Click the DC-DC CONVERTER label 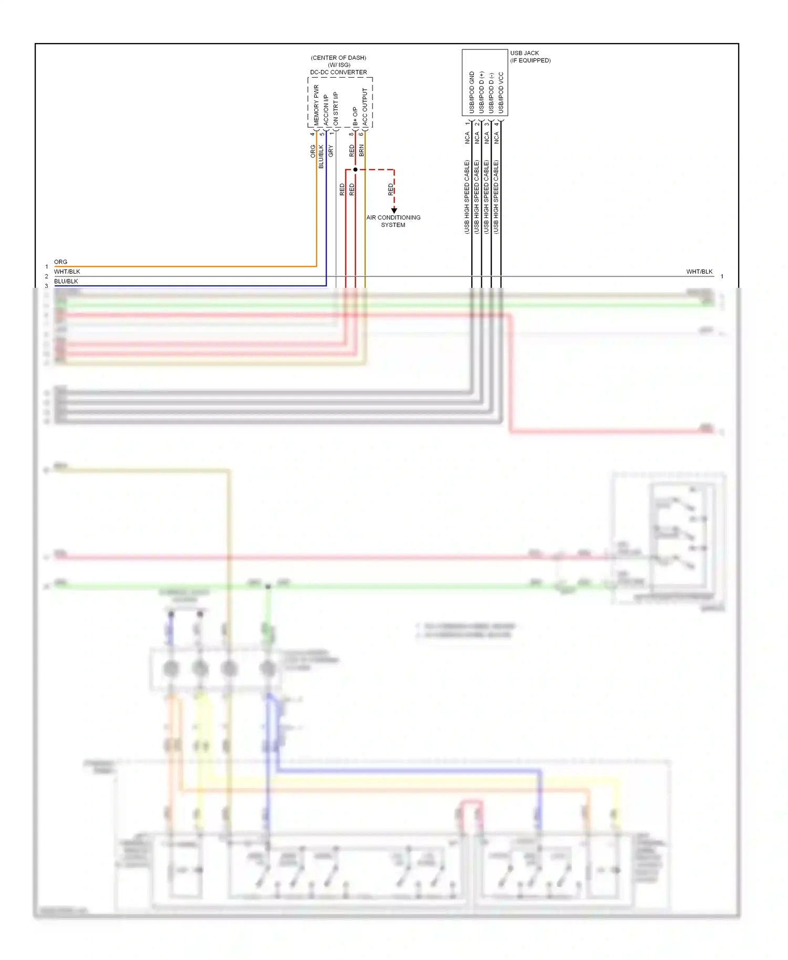coord(338,72)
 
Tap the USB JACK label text coord(524,53)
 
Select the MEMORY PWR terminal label coord(316,105)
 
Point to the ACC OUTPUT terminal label coord(365,107)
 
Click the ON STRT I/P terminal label coord(336,109)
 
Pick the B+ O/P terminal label coord(356,116)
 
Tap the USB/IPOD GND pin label coord(472,92)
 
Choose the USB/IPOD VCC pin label coord(501,92)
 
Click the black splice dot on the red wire coord(356,170)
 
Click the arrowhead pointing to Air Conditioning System coord(394,210)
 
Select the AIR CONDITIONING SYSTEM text coord(393,221)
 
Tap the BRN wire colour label coord(361,151)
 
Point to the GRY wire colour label coord(331,151)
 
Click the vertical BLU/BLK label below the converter coord(321,156)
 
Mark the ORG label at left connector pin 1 coord(61,262)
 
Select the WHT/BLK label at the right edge coord(699,272)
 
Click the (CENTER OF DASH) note coord(338,58)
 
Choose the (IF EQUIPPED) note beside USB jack coord(531,60)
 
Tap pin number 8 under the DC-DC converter coord(351,134)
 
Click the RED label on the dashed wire coord(391,189)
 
